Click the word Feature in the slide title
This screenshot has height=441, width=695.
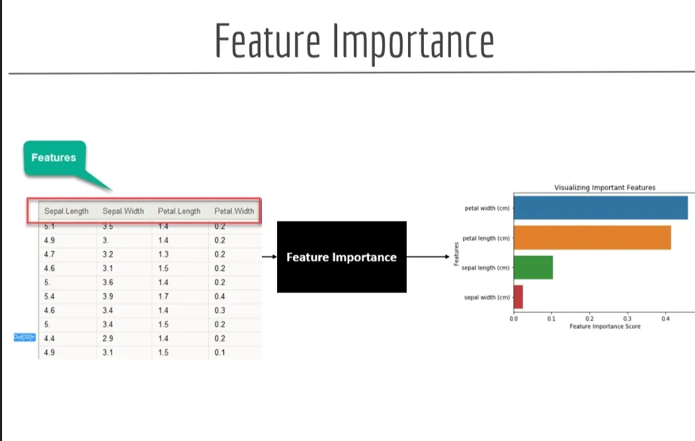click(x=267, y=41)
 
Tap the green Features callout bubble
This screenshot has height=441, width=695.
click(x=54, y=158)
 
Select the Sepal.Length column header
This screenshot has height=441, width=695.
click(x=66, y=212)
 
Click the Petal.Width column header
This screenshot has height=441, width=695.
click(x=234, y=212)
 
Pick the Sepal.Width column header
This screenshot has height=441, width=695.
click(x=123, y=212)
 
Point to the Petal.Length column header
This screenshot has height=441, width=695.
click(x=179, y=212)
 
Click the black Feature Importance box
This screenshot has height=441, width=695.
click(x=341, y=257)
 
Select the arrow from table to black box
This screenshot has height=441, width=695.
click(x=269, y=257)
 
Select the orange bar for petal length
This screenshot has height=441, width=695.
click(x=592, y=237)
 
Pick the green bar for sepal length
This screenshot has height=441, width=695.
click(x=533, y=267)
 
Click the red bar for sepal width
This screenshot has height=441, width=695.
click(x=518, y=297)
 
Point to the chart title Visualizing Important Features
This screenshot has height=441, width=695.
click(x=604, y=188)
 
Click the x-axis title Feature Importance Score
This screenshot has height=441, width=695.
click(x=604, y=327)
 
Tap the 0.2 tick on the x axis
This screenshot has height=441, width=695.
click(x=590, y=318)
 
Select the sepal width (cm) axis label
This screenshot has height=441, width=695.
click(x=487, y=298)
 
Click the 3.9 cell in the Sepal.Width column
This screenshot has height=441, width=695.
click(x=108, y=296)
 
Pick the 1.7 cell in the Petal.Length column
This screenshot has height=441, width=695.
click(x=163, y=296)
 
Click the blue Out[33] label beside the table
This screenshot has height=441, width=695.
click(x=23, y=337)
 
